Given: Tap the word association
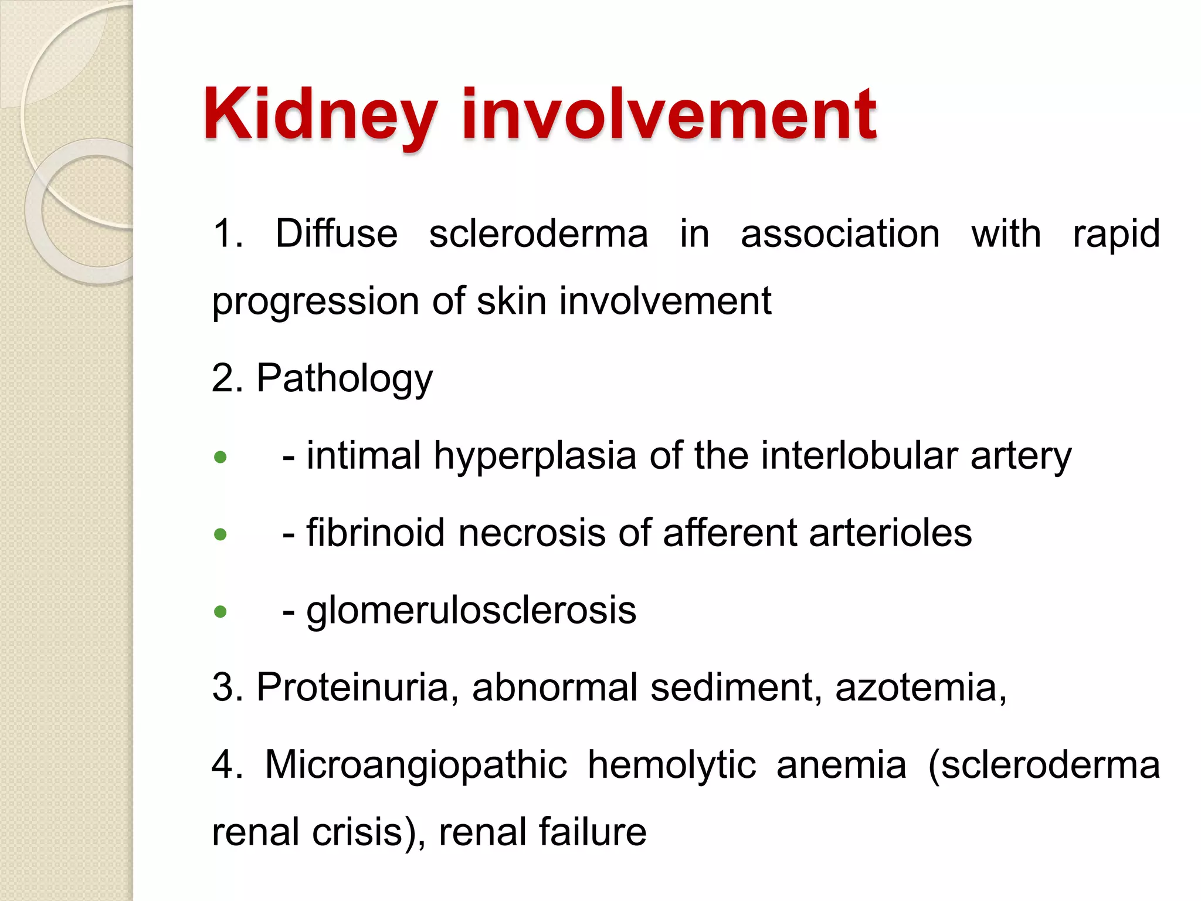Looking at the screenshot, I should tap(840, 233).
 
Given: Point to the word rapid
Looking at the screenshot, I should tap(1116, 235).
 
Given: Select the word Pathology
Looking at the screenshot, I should tap(344, 379).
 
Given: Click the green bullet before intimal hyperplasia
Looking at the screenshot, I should tap(220, 457).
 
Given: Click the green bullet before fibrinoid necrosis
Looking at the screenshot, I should tap(220, 534).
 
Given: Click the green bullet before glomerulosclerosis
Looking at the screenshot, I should tap(220, 612).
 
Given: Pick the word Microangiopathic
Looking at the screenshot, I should tap(416, 765).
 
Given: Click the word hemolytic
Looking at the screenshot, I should tap(671, 765).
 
